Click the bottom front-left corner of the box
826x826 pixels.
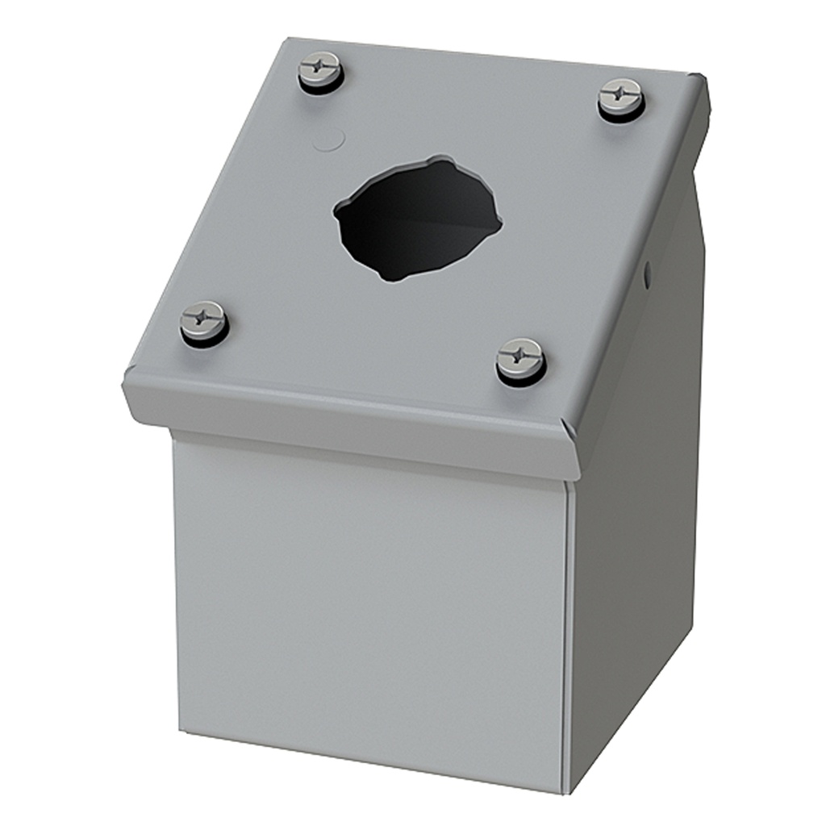pos(179,731)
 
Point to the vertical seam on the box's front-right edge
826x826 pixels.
pos(569,645)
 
